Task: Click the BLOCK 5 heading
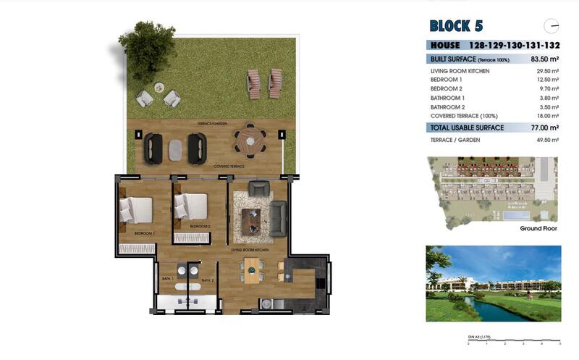point(456,27)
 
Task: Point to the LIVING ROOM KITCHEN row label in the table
point(460,71)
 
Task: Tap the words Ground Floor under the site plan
point(539,228)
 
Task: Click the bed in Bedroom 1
point(137,209)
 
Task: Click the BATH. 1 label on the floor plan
point(166,280)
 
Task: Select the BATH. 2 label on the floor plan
point(207,280)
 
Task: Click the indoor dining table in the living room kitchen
point(251,270)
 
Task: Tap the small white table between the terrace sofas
point(175,149)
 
